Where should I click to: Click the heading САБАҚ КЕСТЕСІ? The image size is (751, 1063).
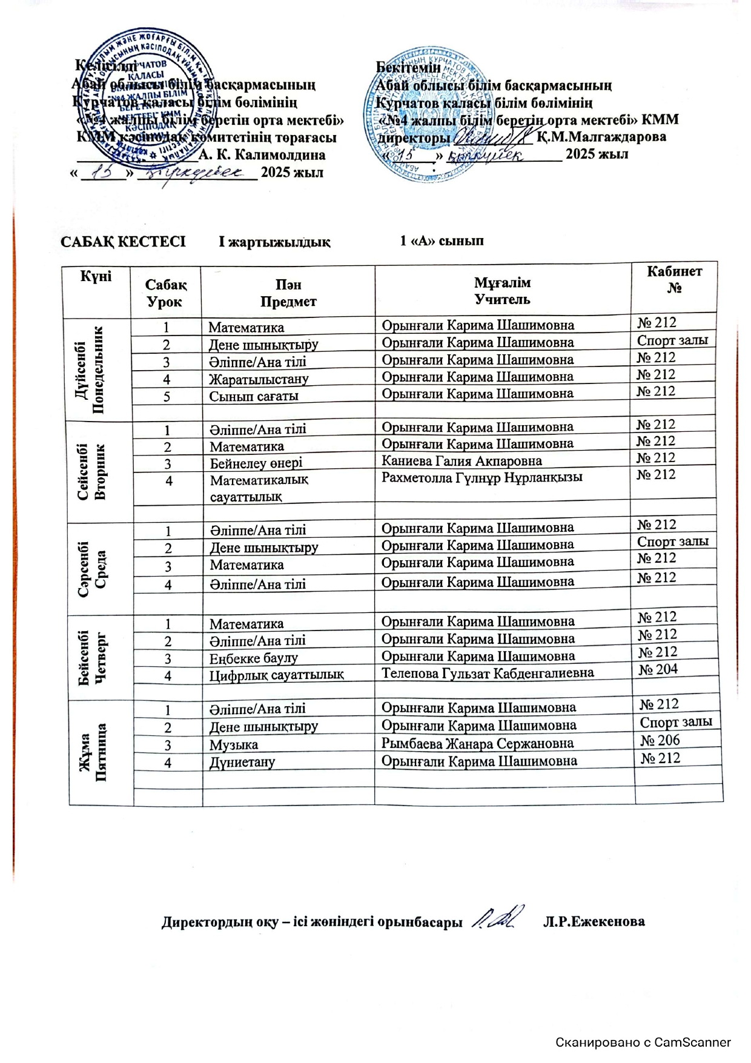pyautogui.click(x=123, y=242)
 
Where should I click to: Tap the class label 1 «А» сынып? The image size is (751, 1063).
pyautogui.click(x=442, y=241)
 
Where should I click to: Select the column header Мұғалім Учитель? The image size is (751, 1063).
pyautogui.click(x=502, y=291)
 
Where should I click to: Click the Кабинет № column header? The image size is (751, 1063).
pyautogui.click(x=674, y=280)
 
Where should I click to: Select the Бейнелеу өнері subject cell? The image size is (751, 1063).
pyautogui.click(x=256, y=463)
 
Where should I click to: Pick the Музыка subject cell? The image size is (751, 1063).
pyautogui.click(x=234, y=745)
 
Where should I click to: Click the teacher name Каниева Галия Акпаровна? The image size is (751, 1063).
pyautogui.click(x=462, y=461)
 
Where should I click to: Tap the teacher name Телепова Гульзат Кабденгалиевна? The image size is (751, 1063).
pyautogui.click(x=488, y=673)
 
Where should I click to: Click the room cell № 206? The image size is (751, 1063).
pyautogui.click(x=660, y=740)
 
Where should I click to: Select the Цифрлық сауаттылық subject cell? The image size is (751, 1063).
pyautogui.click(x=277, y=675)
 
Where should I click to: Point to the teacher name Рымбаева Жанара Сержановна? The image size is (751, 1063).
pyautogui.click(x=477, y=743)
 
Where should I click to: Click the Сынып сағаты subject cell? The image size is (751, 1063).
pyautogui.click(x=254, y=396)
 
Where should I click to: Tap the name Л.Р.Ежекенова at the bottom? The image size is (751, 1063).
pyautogui.click(x=594, y=922)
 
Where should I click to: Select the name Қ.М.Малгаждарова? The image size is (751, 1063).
pyautogui.click(x=601, y=137)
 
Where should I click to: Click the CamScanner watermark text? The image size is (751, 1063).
pyautogui.click(x=643, y=1042)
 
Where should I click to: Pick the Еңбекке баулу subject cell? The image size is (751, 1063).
pyautogui.click(x=254, y=658)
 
